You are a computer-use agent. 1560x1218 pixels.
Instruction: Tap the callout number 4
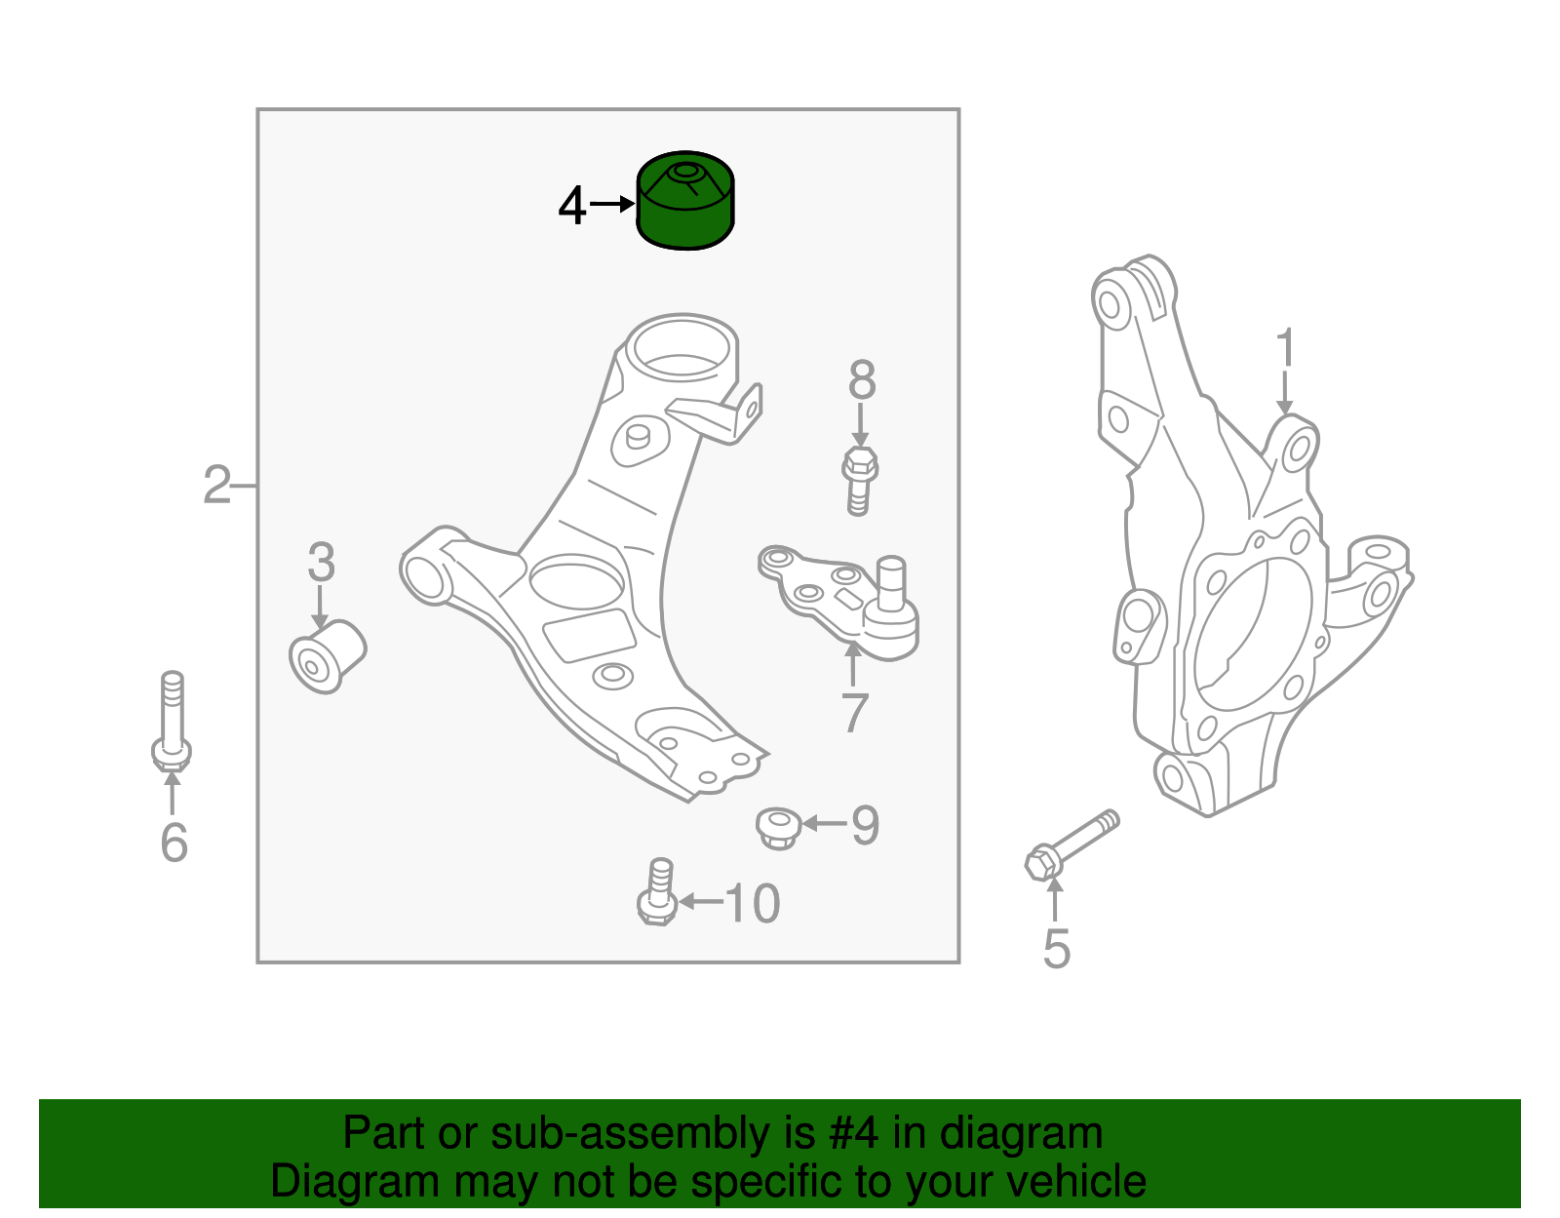(x=572, y=206)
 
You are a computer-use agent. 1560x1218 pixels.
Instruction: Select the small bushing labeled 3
(x=328, y=656)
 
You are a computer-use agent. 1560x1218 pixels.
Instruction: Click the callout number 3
(x=321, y=563)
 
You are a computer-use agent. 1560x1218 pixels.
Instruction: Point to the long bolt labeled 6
(x=173, y=722)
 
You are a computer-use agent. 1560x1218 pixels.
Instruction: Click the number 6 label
(x=174, y=843)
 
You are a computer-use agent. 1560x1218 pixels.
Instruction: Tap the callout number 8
(x=862, y=380)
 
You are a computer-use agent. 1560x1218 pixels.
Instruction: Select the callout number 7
(x=854, y=714)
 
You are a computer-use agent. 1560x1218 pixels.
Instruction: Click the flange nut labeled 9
(x=778, y=827)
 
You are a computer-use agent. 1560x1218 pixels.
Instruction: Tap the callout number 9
(x=865, y=825)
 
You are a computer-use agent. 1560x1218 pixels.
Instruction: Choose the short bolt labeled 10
(x=658, y=891)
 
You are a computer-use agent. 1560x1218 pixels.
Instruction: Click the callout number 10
(x=752, y=903)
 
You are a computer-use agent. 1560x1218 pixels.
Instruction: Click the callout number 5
(x=1056, y=949)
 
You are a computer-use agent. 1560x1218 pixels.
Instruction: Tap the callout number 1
(x=1285, y=349)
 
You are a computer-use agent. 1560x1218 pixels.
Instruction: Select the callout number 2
(x=216, y=485)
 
